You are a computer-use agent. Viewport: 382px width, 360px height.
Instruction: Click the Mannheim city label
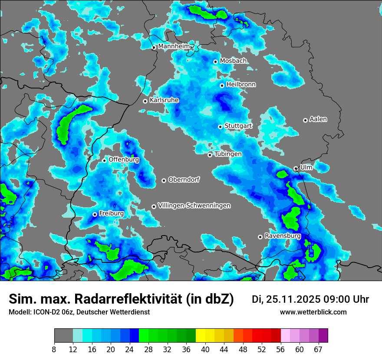174,46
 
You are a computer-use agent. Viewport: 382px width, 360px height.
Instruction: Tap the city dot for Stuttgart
221,127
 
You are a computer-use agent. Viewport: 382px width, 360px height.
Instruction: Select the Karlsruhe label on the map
164,100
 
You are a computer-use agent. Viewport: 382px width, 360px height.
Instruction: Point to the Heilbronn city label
241,85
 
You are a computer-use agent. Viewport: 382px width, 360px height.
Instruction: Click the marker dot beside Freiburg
95,214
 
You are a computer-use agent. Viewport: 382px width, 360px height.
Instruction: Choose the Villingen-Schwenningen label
194,206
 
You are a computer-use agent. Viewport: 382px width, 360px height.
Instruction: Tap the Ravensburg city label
283,236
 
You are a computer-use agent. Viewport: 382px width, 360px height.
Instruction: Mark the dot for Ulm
296,168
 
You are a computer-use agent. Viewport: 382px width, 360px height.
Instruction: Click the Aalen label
318,119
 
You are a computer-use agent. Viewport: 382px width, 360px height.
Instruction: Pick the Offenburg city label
124,160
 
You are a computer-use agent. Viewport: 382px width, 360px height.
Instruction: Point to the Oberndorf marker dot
164,180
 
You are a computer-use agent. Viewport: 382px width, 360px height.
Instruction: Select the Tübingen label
228,154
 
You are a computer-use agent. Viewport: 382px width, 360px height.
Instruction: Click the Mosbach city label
233,61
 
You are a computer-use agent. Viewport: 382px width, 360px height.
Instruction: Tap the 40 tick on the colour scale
205,349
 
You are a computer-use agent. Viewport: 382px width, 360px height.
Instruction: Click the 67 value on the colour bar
319,349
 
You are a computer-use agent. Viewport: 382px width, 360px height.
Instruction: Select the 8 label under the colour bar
54,349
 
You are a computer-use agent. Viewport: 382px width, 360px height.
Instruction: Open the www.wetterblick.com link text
313,312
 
